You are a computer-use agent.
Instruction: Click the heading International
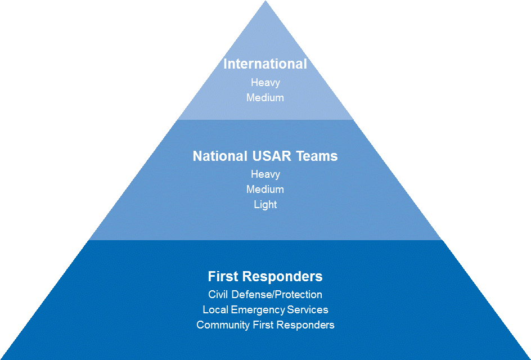click(265, 64)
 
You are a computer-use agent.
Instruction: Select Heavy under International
click(265, 83)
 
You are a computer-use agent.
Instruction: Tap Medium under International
click(265, 97)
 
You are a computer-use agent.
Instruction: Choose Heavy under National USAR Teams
click(265, 174)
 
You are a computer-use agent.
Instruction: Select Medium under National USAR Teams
click(265, 190)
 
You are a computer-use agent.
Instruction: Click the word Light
click(265, 205)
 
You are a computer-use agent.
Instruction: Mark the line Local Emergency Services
click(265, 310)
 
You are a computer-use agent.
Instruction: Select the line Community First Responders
click(265, 325)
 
